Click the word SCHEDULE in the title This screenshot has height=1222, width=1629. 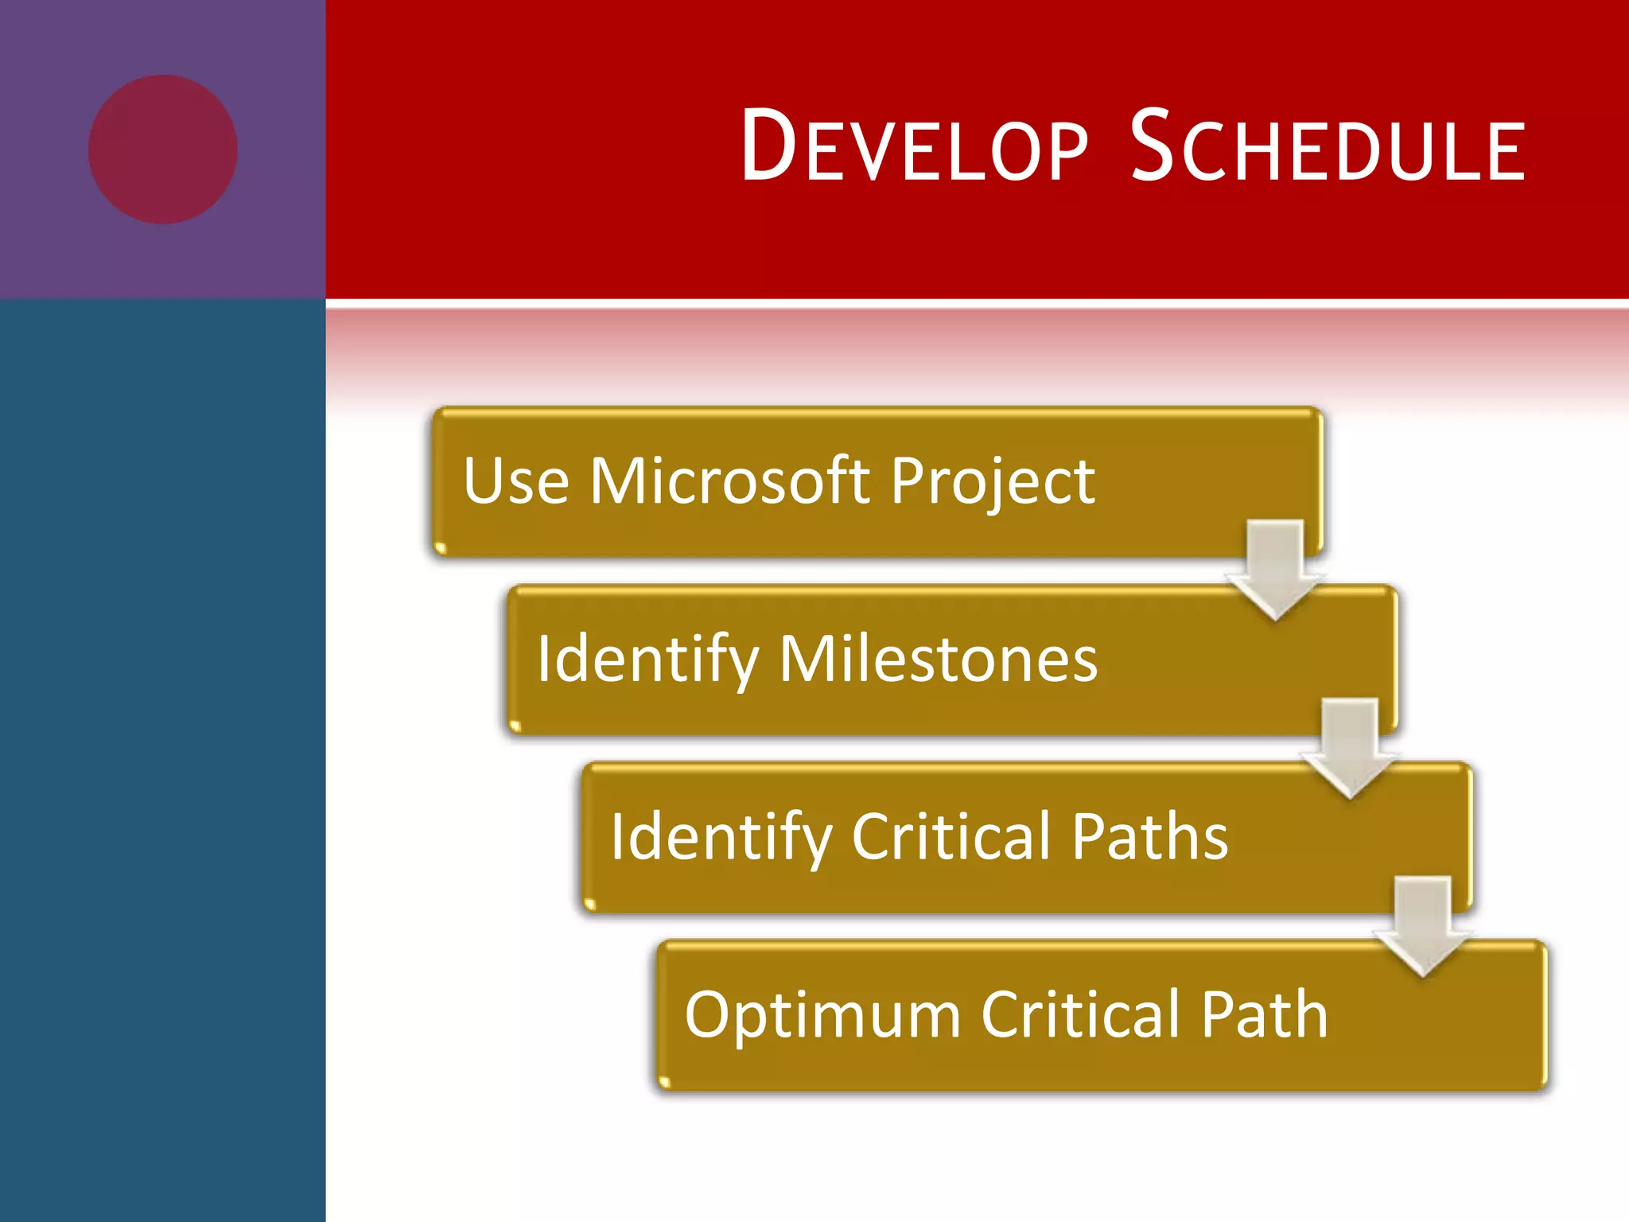point(1327,147)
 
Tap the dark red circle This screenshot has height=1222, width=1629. point(163,150)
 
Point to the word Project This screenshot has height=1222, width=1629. point(992,483)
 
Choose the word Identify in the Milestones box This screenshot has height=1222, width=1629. point(647,660)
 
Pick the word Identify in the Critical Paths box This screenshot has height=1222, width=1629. point(721,839)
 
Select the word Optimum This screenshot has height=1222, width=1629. point(822,1016)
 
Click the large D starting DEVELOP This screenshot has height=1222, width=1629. point(768,145)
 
